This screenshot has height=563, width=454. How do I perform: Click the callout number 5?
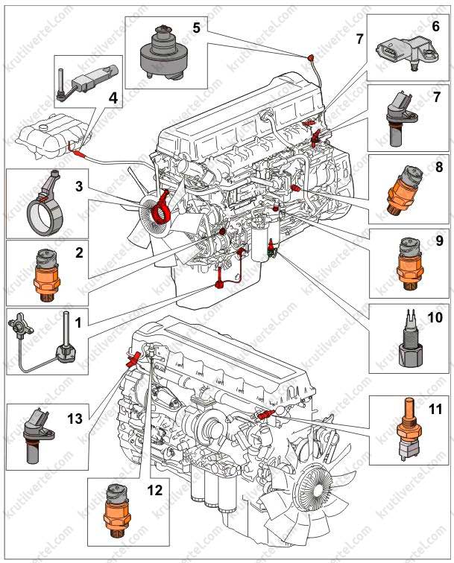pyautogui.click(x=196, y=28)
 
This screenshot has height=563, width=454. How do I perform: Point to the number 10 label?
pyautogui.click(x=435, y=318)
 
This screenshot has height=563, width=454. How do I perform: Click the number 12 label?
pyautogui.click(x=155, y=490)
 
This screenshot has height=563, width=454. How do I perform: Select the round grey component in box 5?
pyautogui.click(x=162, y=49)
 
